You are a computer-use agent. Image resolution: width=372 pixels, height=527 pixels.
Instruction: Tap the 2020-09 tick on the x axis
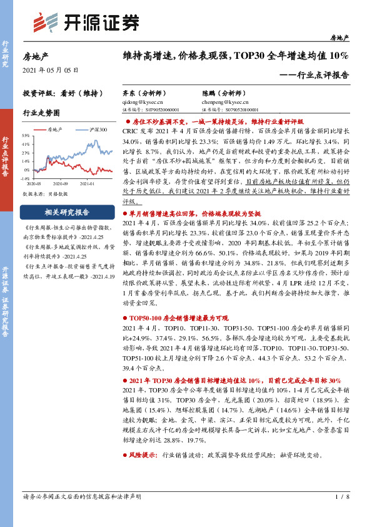click(61, 183)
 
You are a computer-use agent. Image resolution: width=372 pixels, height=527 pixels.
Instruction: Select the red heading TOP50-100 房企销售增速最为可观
click(181, 319)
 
